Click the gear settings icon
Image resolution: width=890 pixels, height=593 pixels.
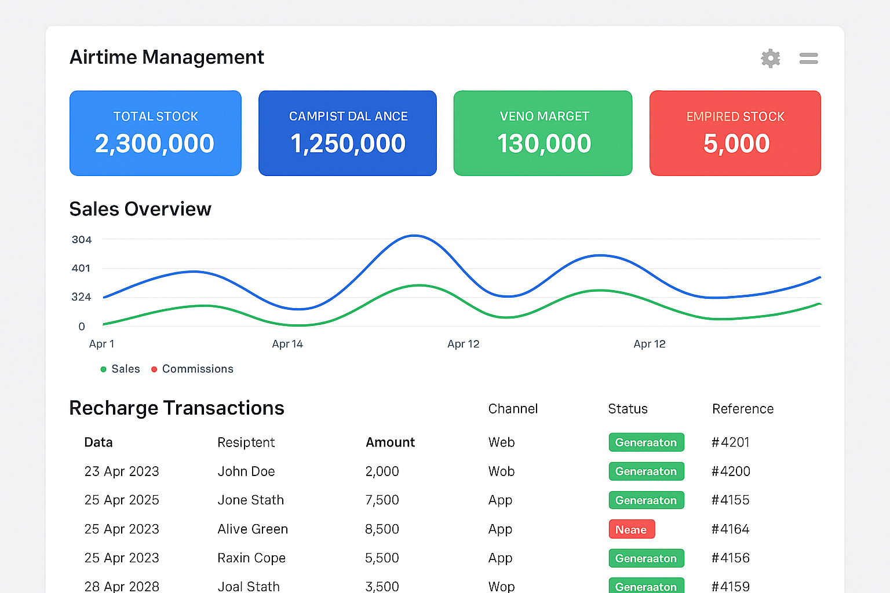coord(770,58)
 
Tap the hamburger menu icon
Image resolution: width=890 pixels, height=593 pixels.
coord(808,58)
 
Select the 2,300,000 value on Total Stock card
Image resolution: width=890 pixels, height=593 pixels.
coord(155,144)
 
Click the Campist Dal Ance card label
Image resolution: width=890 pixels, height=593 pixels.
coord(348,116)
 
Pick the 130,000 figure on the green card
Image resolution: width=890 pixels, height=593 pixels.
coord(544,144)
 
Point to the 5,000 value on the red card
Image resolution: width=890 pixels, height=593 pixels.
coord(736,144)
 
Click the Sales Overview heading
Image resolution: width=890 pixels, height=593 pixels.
coord(140,209)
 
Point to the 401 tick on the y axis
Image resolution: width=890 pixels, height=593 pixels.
coord(81,268)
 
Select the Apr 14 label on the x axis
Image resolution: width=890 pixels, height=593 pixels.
coord(287,344)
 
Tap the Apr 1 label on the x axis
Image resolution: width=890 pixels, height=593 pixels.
coord(101,344)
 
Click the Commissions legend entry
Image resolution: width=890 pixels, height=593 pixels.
coord(197,369)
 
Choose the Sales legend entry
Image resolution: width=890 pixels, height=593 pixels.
coord(125,369)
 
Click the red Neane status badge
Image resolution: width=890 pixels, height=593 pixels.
coord(631,529)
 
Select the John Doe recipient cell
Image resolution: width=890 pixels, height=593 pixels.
coord(246,471)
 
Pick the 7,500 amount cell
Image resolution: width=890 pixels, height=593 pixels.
coord(382,500)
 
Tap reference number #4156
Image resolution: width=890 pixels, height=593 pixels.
coord(730,558)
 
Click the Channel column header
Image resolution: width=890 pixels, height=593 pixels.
coord(513,409)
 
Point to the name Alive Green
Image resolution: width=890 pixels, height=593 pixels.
coord(253,529)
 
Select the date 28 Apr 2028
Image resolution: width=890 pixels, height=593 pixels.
coord(122,586)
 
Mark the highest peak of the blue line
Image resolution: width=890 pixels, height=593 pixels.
coord(414,236)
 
